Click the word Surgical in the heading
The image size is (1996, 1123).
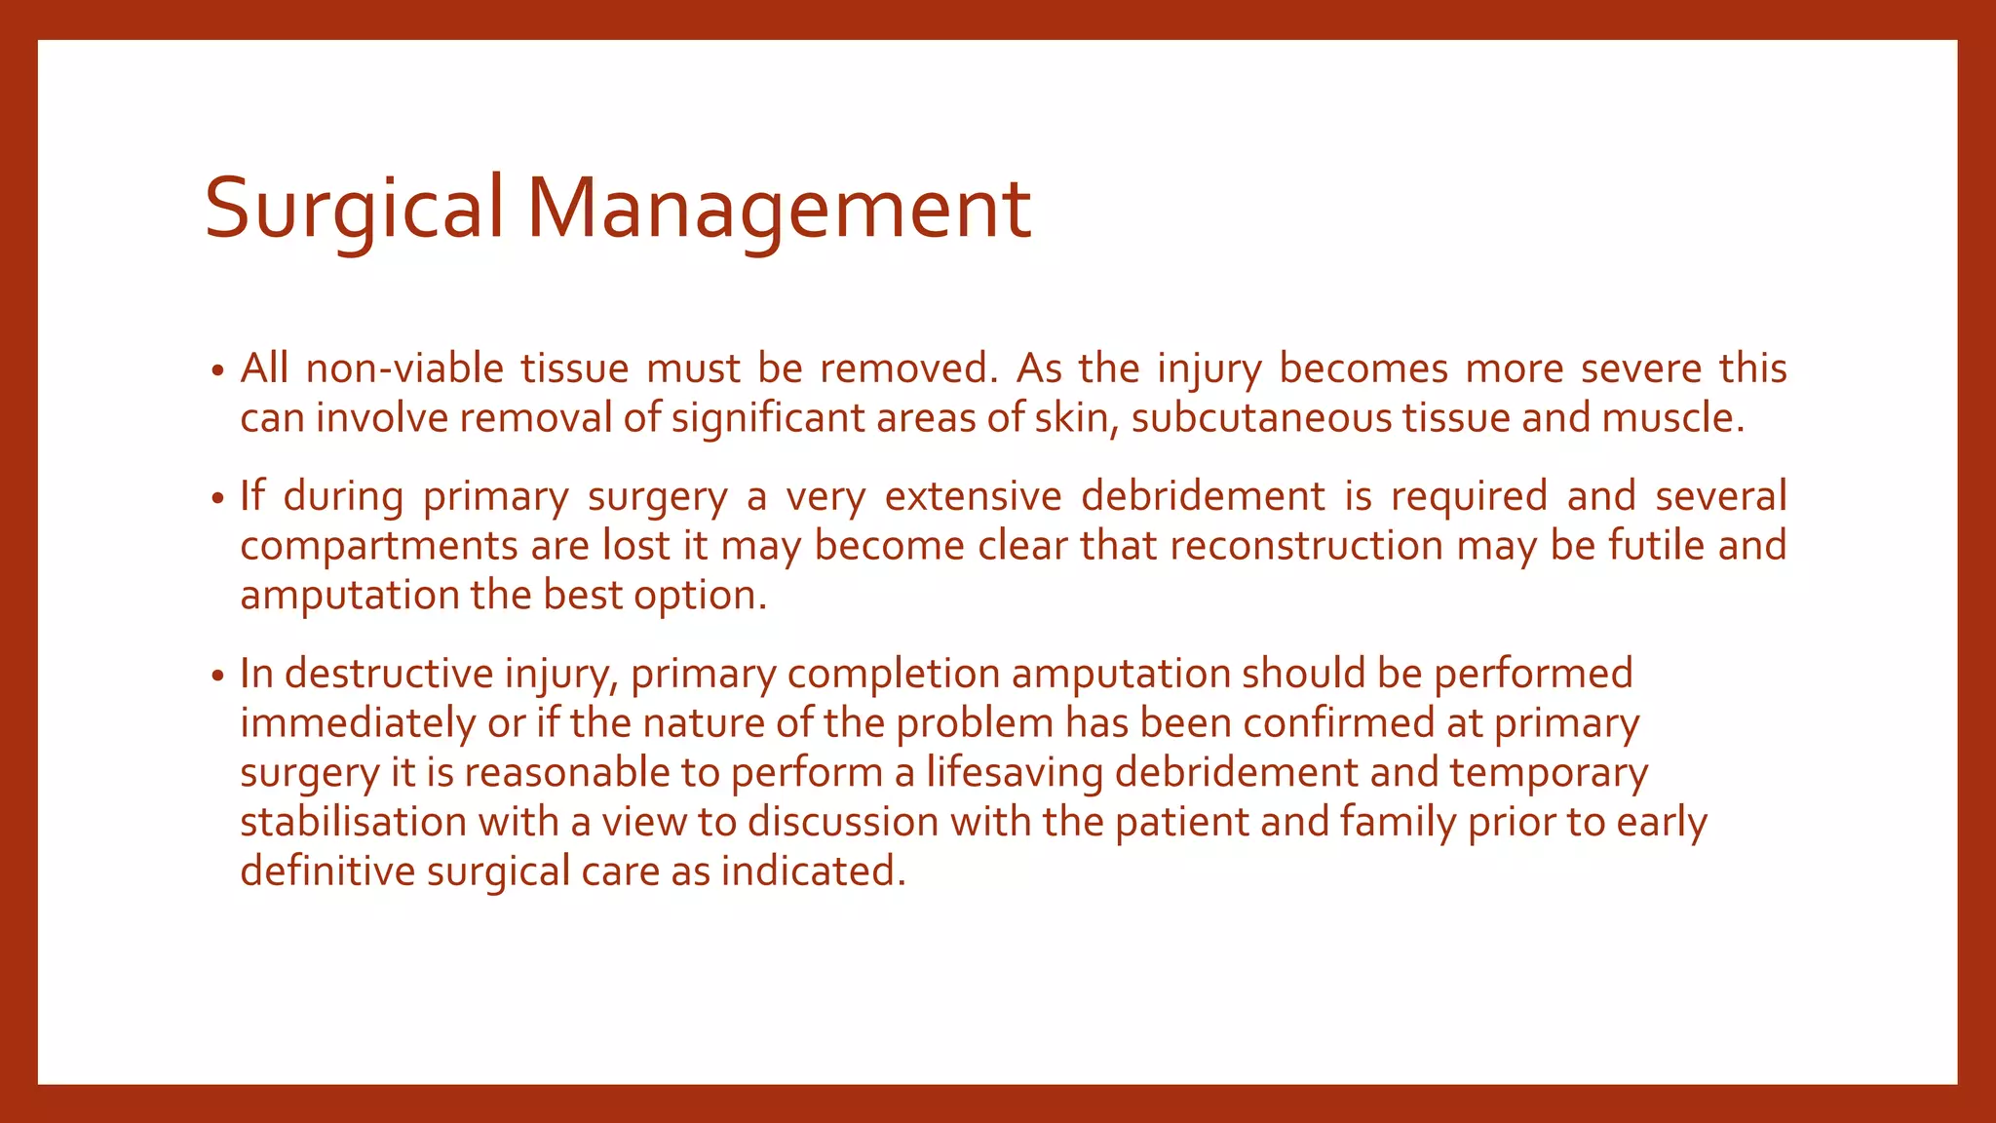(354, 208)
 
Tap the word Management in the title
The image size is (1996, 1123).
(779, 208)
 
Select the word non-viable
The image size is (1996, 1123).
(404, 368)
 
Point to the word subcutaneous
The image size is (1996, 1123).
(1261, 418)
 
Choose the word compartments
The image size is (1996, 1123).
(378, 546)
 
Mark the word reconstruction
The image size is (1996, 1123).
(1306, 546)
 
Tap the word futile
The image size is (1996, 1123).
(1656, 546)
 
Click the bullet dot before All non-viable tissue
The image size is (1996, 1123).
(217, 371)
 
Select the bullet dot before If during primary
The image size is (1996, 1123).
(217, 499)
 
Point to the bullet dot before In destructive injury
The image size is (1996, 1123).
(217, 677)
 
